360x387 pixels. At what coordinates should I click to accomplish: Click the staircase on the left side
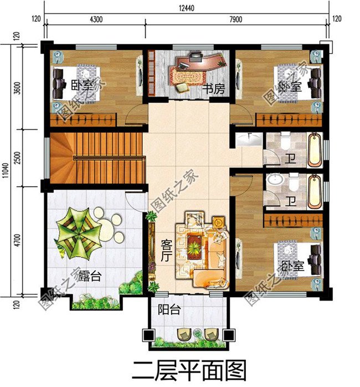[94, 158]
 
